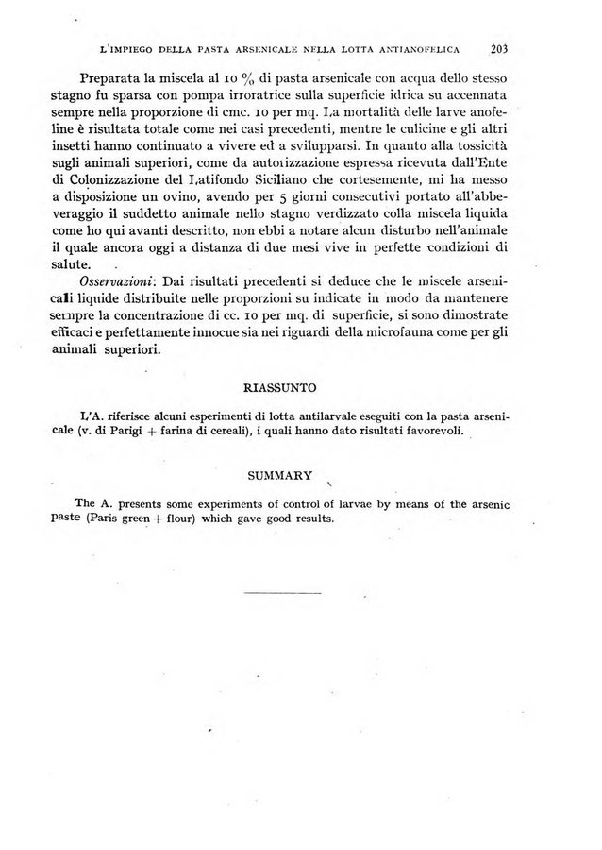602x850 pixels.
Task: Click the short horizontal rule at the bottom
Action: point(282,592)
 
